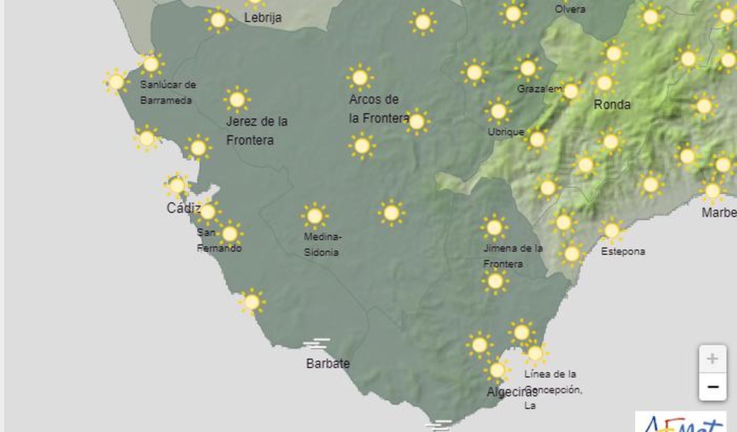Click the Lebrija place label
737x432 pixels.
[263, 18]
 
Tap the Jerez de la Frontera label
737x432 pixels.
[257, 131]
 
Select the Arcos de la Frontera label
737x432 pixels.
[379, 109]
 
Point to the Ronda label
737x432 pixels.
[612, 105]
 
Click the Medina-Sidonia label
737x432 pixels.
[322, 244]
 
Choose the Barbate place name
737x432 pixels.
[328, 363]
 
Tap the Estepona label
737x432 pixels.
[623, 251]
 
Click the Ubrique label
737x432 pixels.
[506, 132]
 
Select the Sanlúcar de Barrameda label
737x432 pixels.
[168, 92]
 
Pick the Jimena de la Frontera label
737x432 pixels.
[513, 256]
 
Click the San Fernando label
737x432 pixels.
[219, 241]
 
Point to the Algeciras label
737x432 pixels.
[511, 392]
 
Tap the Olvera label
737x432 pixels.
[570, 9]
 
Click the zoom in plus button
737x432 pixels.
[712, 359]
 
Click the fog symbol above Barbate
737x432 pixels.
[316, 344]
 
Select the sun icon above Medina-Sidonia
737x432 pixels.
[315, 216]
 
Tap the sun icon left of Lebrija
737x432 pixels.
[218, 20]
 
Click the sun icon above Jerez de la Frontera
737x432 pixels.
[237, 99]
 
